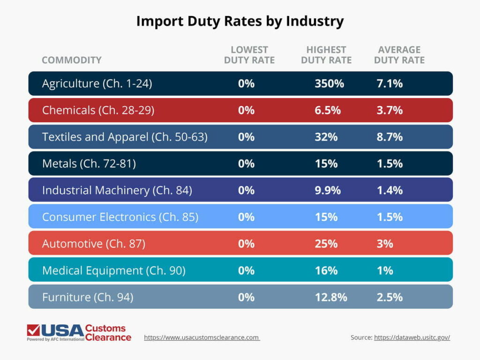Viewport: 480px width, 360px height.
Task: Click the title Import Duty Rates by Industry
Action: point(240,21)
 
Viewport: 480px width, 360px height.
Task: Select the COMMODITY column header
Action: point(71,60)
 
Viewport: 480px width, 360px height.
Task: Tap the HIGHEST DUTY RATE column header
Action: point(326,55)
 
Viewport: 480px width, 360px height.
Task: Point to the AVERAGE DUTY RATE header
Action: point(399,55)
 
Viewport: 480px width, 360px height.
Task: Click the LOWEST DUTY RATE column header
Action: point(249,55)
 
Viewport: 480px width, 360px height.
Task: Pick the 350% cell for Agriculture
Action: point(329,83)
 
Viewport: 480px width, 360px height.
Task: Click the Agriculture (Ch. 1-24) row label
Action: point(97,83)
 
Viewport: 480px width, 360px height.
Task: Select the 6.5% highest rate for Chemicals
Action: point(327,110)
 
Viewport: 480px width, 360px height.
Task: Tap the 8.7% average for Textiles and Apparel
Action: point(390,137)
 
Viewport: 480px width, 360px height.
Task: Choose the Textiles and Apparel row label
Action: point(125,137)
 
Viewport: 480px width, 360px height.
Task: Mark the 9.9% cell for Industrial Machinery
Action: point(328,190)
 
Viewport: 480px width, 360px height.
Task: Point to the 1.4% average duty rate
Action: point(390,190)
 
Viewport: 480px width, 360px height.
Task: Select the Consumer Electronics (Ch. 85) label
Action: point(120,217)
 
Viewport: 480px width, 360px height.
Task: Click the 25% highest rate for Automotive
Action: point(326,244)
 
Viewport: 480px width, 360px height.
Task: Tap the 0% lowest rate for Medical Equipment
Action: point(246,270)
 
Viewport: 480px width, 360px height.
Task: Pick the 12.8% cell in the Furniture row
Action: point(331,297)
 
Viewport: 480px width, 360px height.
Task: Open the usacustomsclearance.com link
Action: point(202,337)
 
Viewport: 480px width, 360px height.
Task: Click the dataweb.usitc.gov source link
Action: point(412,337)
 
